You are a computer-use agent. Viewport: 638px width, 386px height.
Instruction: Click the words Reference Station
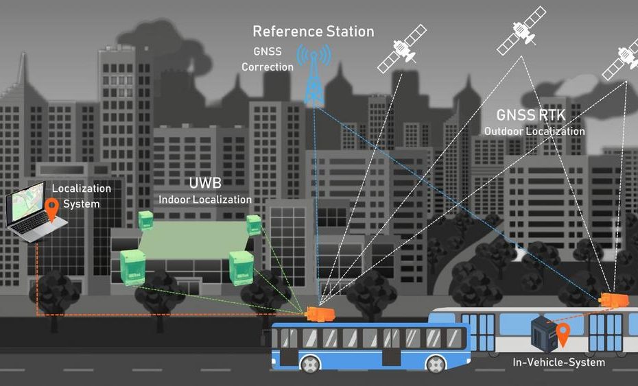(314, 32)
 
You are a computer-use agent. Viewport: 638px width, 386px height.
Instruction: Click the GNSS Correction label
(268, 59)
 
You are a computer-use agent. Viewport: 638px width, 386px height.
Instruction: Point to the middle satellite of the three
(521, 30)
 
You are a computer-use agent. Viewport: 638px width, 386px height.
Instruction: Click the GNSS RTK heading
(531, 115)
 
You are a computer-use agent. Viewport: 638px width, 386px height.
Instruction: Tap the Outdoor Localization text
(534, 131)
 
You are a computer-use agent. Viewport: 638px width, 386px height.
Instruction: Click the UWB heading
(205, 183)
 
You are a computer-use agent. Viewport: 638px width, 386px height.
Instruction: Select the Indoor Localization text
(204, 200)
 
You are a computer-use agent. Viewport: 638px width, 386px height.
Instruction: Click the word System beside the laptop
(81, 204)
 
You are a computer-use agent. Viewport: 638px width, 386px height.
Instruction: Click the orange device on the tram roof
(614, 300)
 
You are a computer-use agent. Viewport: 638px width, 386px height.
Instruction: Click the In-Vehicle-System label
(558, 362)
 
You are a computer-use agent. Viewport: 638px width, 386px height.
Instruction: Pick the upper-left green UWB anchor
(145, 221)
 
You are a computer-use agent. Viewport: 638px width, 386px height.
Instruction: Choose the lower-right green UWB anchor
(241, 267)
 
